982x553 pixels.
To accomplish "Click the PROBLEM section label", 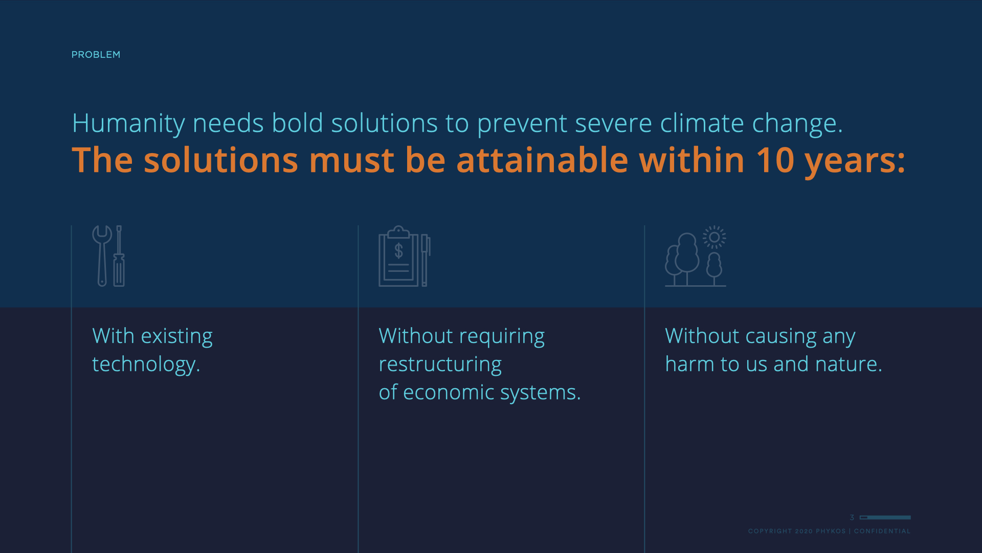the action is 96,55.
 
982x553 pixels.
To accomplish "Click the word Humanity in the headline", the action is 128,124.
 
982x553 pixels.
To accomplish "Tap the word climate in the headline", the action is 702,123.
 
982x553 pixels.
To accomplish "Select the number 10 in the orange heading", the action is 775,160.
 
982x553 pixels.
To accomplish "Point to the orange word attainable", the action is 542,160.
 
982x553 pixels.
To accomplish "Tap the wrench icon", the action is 102,256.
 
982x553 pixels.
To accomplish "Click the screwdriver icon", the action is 119,256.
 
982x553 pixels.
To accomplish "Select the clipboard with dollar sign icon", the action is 398,256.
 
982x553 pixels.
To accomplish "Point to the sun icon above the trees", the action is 714,237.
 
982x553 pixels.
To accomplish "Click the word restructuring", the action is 440,365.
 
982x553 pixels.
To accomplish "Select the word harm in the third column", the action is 689,364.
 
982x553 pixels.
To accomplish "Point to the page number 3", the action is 852,518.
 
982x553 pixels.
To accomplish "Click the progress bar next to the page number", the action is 885,518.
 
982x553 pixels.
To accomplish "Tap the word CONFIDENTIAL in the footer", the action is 882,531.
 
